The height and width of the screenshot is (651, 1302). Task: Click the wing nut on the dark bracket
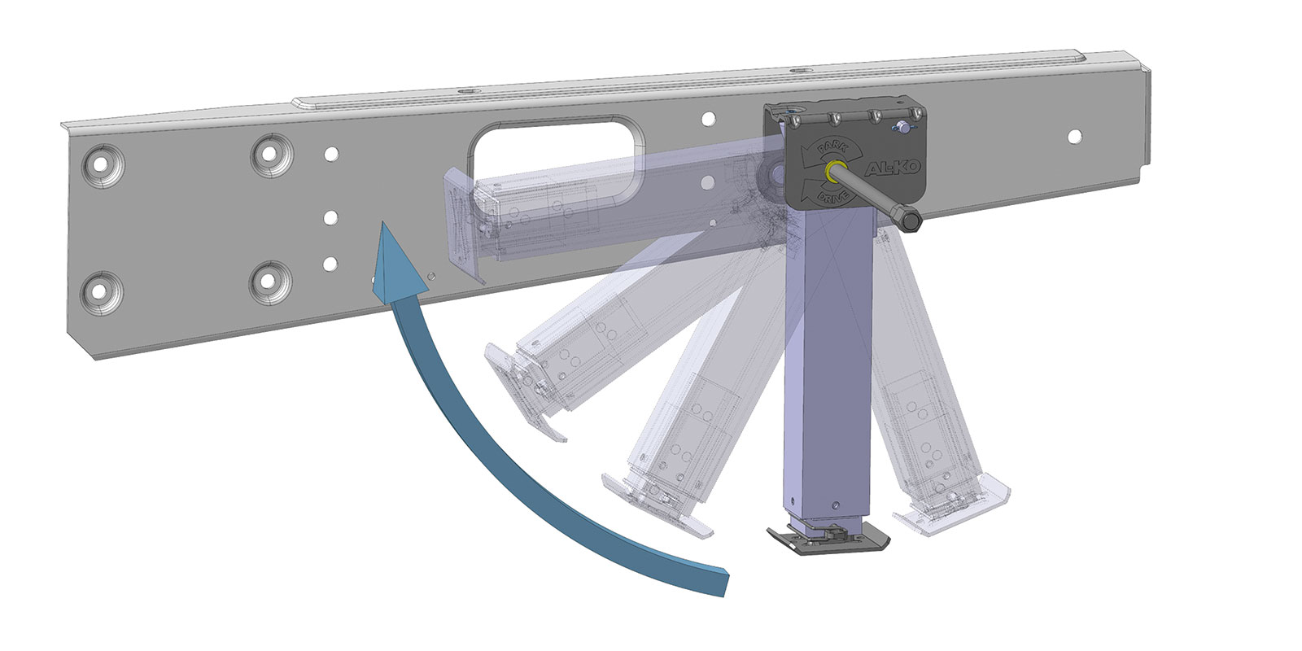(901, 127)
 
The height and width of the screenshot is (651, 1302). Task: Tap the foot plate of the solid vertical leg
(828, 540)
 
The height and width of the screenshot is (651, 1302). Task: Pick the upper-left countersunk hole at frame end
(101, 163)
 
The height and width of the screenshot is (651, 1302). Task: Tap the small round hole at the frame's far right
(1075, 136)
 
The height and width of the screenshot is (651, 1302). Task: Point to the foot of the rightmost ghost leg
(952, 509)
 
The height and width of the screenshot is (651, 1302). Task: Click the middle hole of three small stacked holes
(330, 217)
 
